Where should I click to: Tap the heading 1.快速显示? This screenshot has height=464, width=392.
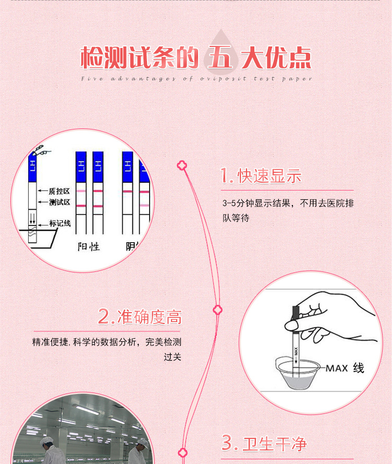point(261,176)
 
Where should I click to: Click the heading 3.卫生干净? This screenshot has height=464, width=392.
point(264,444)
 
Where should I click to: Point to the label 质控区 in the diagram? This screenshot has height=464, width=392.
point(59,192)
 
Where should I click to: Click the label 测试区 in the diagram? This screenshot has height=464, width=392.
point(59,203)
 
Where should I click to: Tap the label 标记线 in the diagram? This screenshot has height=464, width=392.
point(60,223)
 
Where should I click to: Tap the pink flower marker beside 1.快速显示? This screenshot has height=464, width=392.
point(182,166)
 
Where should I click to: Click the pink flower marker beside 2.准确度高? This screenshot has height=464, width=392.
point(218,310)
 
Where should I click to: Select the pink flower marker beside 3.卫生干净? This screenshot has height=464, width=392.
point(182,453)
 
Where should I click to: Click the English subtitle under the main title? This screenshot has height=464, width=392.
point(197,79)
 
